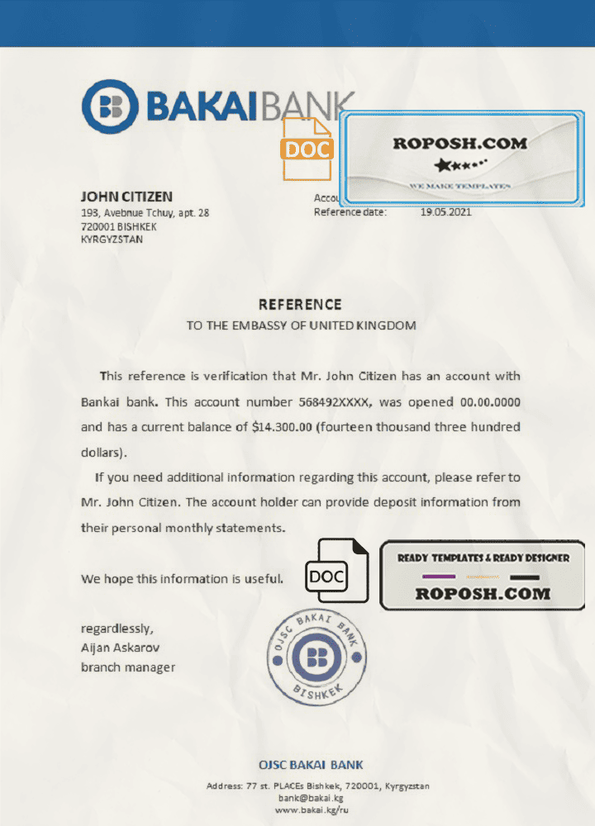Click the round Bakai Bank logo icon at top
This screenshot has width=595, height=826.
point(109,107)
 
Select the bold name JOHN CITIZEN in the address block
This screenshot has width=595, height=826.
point(126,197)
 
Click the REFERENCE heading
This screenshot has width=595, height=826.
point(300,305)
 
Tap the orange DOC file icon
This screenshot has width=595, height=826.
point(307,149)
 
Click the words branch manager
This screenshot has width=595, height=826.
point(128,667)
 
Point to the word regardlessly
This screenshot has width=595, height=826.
point(117,629)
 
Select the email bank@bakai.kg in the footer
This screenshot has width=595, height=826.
point(311,798)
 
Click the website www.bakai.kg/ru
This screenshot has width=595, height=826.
point(311,810)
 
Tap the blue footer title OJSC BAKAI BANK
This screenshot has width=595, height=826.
point(311,765)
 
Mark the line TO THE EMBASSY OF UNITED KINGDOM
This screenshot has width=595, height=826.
point(301,325)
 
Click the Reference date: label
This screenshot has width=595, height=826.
point(350,212)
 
